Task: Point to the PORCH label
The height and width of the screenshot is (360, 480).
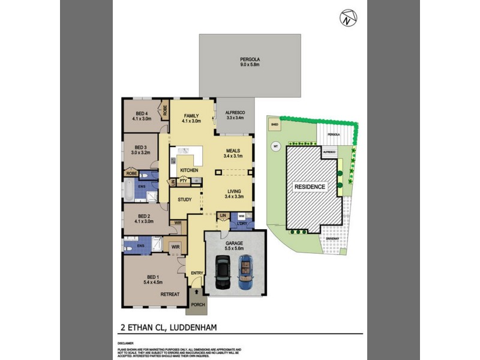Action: (x=197, y=305)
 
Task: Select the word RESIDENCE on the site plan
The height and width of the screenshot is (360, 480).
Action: (x=310, y=187)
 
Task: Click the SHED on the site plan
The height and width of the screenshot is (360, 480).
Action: (x=274, y=125)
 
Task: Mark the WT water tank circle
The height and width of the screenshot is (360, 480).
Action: (x=277, y=146)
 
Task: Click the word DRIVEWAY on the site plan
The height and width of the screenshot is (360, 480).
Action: (x=332, y=238)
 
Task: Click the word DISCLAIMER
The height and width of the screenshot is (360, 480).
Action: (x=125, y=344)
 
